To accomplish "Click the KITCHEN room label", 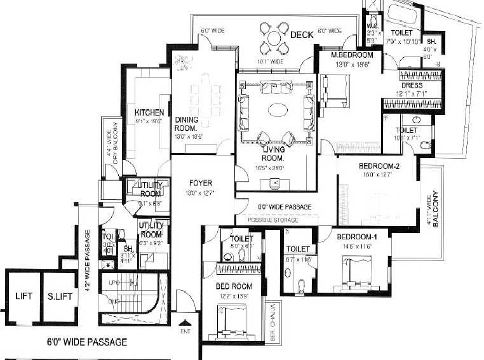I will pos(149,112).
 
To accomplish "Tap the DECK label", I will pos(302,35).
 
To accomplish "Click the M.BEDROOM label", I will pos(353,55).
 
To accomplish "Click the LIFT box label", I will pos(24,297).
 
